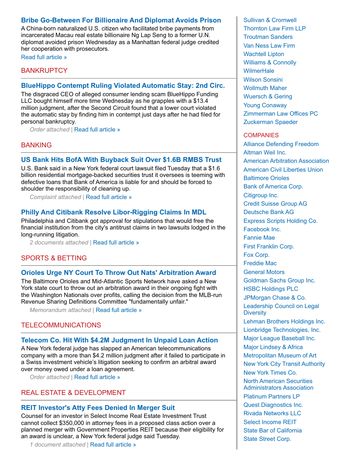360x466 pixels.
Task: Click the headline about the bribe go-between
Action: pos(121,20)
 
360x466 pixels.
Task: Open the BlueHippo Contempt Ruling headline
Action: pos(123,86)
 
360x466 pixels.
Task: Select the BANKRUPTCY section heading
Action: pos(44,71)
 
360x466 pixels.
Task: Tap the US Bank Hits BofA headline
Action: pos(121,160)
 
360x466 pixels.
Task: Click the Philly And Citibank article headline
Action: pos(113,212)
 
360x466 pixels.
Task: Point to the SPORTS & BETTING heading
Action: pos(54,258)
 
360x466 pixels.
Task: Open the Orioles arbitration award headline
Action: pos(118,273)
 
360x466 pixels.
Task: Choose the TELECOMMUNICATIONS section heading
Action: pos(61,325)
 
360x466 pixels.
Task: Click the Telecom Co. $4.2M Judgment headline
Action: pos(119,340)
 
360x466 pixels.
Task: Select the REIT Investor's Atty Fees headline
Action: pos(98,408)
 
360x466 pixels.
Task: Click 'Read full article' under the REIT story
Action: pos(113,444)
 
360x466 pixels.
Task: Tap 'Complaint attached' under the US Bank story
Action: pos(55,197)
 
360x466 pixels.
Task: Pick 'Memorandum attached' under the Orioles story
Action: pos(60,310)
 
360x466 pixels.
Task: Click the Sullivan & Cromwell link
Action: pos(270,20)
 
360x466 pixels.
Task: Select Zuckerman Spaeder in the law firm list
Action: pos(270,122)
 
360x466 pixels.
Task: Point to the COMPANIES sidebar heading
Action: pos(261,135)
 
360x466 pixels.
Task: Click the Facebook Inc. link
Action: pos(262,229)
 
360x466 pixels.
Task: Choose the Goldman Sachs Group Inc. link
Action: pos(279,281)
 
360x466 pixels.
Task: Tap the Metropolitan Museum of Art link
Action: pos(280,356)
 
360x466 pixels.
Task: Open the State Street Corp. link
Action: pos(267,439)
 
